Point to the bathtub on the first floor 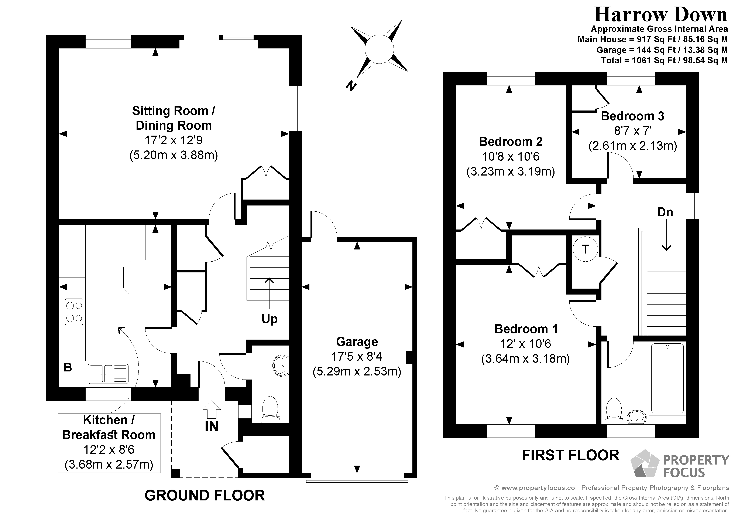tap(667, 378)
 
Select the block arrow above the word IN tap(212, 409)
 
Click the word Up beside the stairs tap(269, 319)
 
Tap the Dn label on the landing tap(665, 212)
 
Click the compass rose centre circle tap(379, 49)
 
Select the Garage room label tap(357, 342)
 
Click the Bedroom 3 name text tap(632, 116)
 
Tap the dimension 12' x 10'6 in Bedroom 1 tap(525, 344)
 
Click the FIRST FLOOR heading tap(570, 455)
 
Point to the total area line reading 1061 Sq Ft tap(664, 60)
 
